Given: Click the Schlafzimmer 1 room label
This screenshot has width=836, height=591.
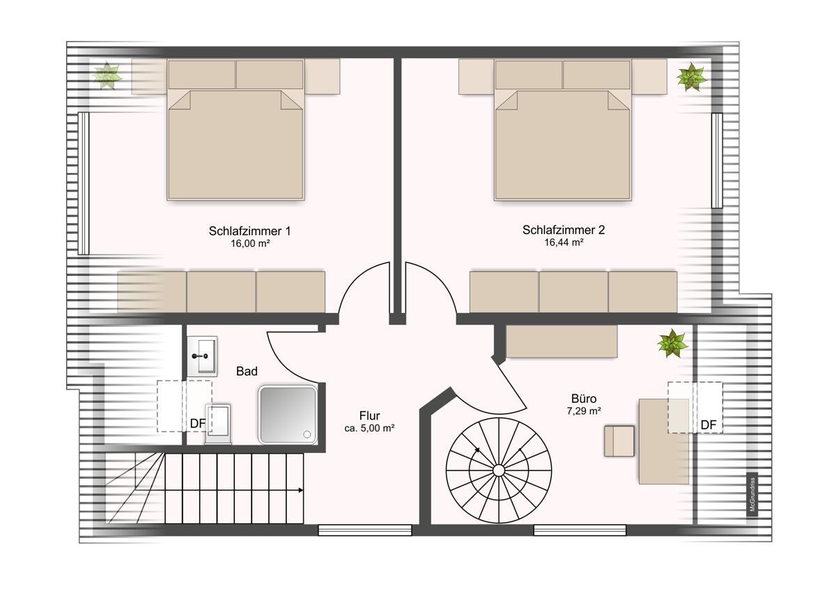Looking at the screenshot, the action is (x=249, y=231).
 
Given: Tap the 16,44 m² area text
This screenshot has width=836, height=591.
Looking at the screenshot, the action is (x=564, y=243).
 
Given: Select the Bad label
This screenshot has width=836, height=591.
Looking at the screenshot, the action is (x=247, y=371).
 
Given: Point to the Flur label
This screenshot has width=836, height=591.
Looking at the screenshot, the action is (x=369, y=415).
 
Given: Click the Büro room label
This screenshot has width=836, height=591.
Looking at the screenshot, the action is (x=584, y=399).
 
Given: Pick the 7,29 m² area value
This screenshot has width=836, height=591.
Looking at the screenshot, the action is (x=584, y=411).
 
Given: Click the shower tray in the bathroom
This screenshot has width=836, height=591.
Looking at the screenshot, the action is (x=288, y=415).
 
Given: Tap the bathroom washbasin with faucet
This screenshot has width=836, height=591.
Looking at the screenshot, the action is (x=202, y=356).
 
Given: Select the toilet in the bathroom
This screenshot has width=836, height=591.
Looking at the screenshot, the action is (x=218, y=424).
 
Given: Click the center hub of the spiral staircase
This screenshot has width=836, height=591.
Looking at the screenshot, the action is (x=499, y=471).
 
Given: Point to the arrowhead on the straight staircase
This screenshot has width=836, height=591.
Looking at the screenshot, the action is (x=301, y=490).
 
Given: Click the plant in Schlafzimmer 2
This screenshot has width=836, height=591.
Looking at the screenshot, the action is (x=691, y=77).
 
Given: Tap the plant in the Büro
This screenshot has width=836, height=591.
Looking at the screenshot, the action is (x=672, y=344).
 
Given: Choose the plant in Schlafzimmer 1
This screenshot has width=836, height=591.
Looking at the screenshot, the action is (x=107, y=76).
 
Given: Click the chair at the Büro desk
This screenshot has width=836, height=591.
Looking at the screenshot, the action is (x=619, y=441).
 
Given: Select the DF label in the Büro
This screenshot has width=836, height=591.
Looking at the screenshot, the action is (x=709, y=425).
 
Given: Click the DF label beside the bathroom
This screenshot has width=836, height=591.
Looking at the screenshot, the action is (x=198, y=423).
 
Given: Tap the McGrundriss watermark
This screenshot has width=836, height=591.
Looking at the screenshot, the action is (x=752, y=494).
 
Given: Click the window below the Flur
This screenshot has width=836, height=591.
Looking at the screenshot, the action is (x=364, y=530).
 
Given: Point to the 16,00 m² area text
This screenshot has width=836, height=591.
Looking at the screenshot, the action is (x=249, y=243).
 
